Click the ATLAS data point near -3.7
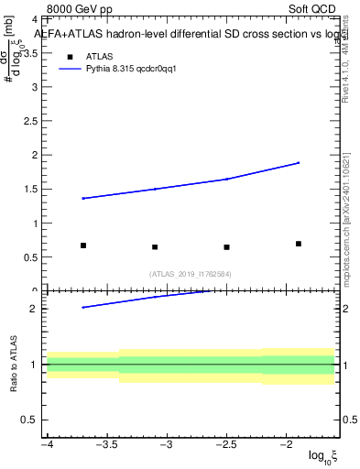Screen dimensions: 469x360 click(x=83, y=245)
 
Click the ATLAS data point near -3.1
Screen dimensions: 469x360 click(x=155, y=246)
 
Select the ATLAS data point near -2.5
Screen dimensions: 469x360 click(x=226, y=246)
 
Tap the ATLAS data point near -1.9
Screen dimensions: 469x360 click(x=299, y=244)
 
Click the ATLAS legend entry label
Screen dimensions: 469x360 click(x=100, y=56)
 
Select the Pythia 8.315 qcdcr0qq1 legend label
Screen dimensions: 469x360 click(x=125, y=69)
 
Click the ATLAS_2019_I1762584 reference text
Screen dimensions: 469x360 click(x=191, y=273)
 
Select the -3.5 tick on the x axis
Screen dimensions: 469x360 click(x=107, y=444)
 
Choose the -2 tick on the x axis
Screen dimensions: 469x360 click(x=287, y=444)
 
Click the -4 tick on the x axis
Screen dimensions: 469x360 click(x=47, y=444)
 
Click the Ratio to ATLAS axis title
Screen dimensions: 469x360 click(x=12, y=365)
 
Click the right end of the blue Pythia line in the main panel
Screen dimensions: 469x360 click(x=299, y=163)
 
